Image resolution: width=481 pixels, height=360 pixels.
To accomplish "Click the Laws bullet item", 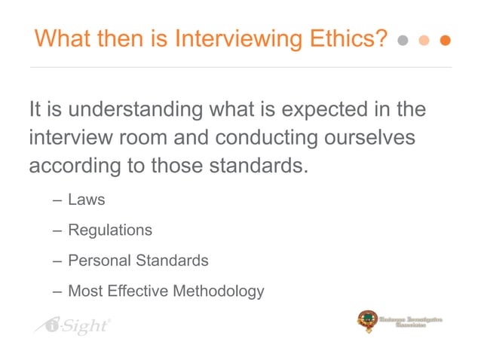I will tap(86, 200).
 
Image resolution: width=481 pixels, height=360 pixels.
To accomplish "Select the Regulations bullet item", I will tap(110, 230).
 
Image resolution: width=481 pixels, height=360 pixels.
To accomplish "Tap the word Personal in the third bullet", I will tap(99, 261).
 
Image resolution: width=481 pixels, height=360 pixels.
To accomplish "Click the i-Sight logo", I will tap(72, 325).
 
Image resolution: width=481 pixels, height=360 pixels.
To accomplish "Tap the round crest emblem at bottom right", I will tap(367, 321).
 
